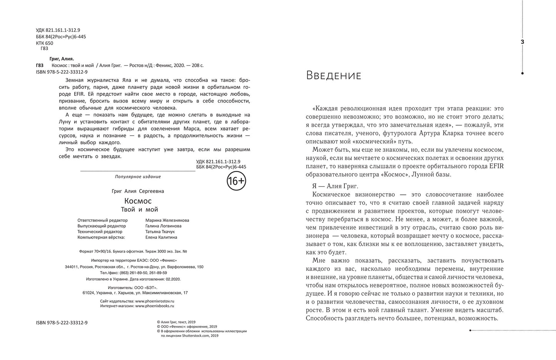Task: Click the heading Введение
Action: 334,76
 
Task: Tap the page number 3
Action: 522,42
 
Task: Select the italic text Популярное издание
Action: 138,177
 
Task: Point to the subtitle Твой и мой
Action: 139,209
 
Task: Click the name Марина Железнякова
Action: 167,220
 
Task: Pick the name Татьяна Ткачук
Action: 160,232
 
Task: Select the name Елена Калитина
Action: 162,238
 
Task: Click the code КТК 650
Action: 44,43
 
